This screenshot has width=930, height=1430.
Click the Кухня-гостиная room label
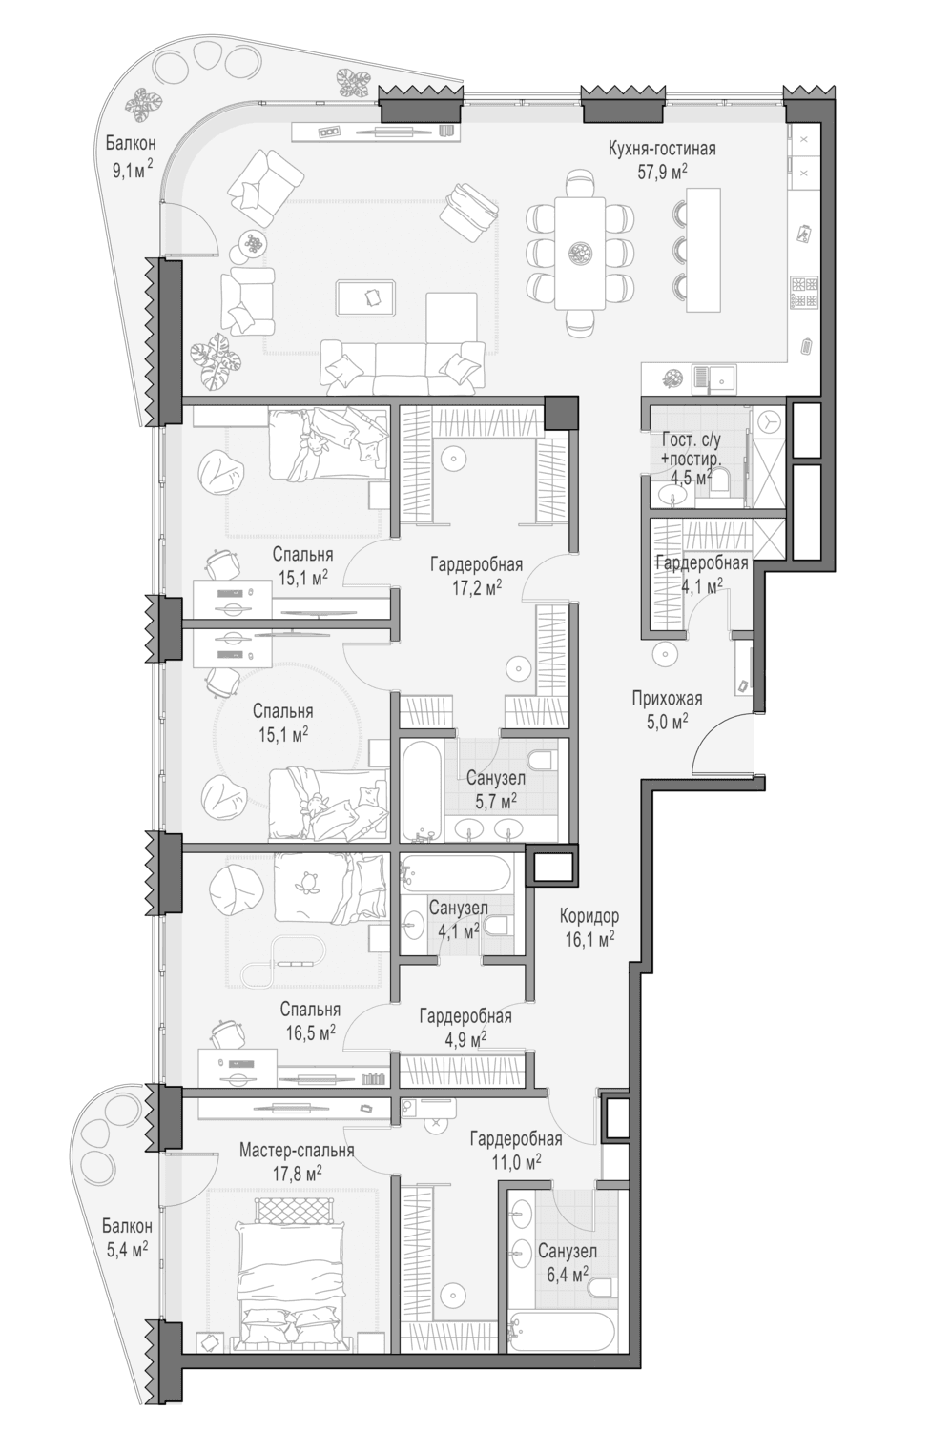[x=662, y=149]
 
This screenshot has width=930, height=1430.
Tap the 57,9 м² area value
[x=662, y=172]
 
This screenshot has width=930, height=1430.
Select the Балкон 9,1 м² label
[x=131, y=155]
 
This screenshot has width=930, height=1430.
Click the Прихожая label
[x=667, y=699]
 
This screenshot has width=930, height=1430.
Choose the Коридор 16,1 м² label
[x=589, y=928]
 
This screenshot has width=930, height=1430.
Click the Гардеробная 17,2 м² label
[x=476, y=576]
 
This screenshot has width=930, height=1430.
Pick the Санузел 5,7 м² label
[x=496, y=789]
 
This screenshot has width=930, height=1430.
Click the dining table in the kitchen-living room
[x=579, y=254]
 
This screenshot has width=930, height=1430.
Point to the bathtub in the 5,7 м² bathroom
[x=421, y=788]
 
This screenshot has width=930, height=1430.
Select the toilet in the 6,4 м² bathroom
[x=601, y=1285]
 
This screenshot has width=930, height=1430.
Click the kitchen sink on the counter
[x=714, y=378]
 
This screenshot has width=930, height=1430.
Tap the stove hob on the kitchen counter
[x=803, y=293]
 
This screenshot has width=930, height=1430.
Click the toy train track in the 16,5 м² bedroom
[x=279, y=962]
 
